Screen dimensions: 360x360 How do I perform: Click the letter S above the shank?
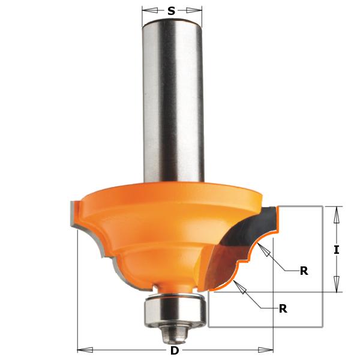click(x=172, y=10)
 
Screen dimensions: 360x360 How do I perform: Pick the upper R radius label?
click(x=304, y=271)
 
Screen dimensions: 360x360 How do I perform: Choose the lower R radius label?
click(x=283, y=309)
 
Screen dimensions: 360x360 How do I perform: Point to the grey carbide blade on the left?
click(x=73, y=217)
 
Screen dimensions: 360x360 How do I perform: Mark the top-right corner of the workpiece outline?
click(x=323, y=205)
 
